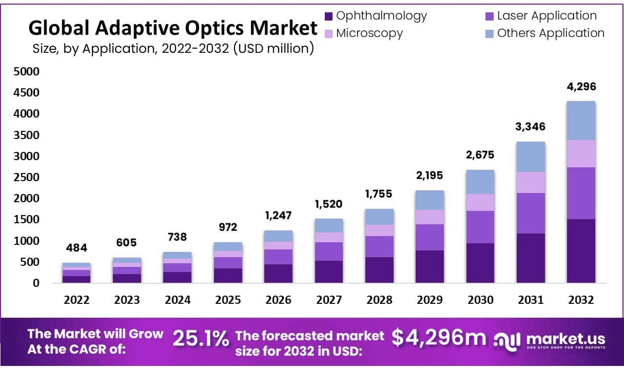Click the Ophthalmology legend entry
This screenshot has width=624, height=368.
tap(381, 16)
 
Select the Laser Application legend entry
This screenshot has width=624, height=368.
tap(547, 16)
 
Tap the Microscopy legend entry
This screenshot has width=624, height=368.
tap(369, 33)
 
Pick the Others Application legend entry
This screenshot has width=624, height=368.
tap(551, 33)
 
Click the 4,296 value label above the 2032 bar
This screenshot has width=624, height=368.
tap(581, 86)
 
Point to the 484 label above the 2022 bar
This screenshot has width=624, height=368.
tap(76, 249)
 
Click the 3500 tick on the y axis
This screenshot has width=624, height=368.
tap(26, 135)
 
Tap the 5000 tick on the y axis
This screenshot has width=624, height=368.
tap(26, 72)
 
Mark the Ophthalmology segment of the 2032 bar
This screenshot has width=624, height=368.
tap(581, 251)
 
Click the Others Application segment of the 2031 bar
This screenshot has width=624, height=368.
tap(531, 157)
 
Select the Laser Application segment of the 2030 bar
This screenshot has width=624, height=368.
tap(480, 227)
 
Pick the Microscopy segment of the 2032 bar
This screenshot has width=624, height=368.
tap(581, 153)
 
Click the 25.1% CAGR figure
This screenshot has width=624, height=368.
tap(201, 339)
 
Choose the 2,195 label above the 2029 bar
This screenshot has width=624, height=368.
tap(430, 176)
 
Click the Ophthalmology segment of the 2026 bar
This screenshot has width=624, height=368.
tap(278, 273)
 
